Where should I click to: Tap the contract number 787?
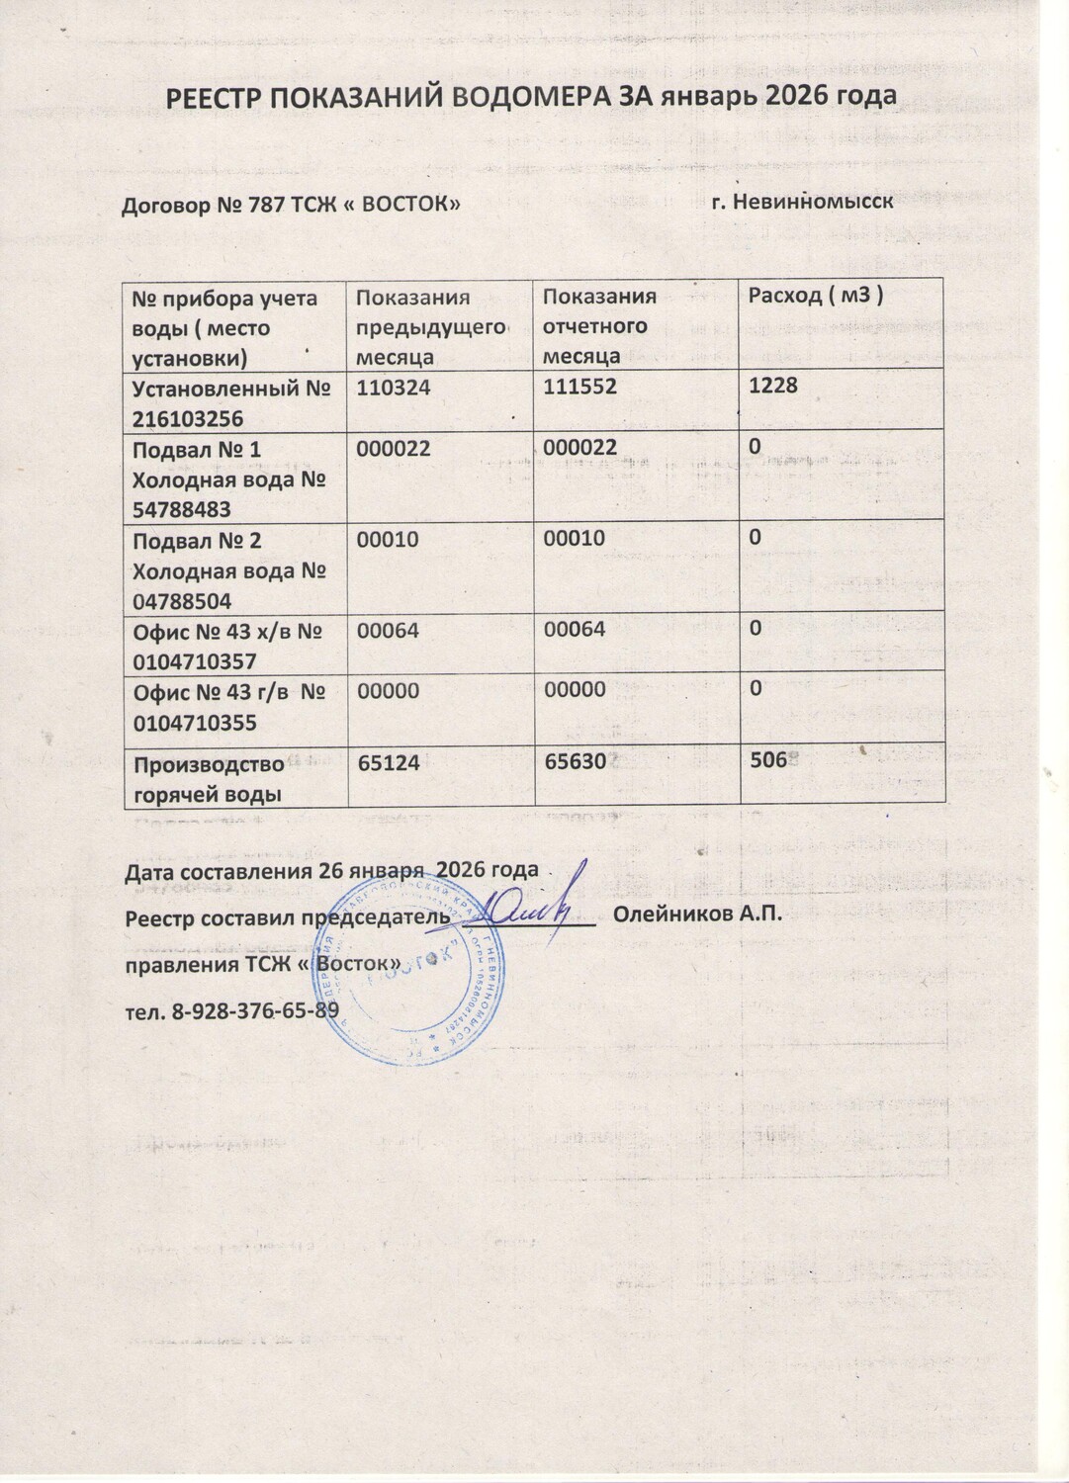261,206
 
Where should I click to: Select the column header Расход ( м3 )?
815,295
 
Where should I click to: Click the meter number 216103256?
188,418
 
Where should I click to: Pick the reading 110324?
393,388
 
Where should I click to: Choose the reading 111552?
579,387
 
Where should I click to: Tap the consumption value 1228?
772,386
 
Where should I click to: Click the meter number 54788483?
182,510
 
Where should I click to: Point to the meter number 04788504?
182,601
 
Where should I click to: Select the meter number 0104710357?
195,661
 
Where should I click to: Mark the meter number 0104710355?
195,723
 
